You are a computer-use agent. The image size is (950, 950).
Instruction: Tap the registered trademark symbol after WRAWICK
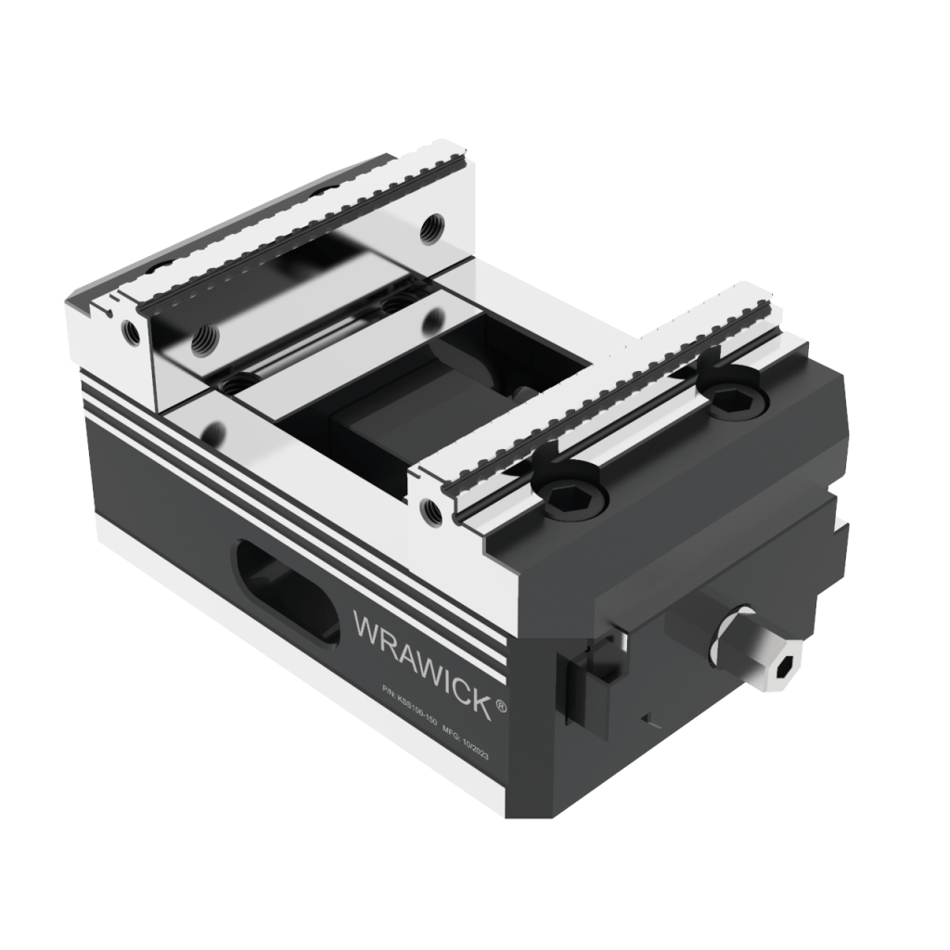tap(502, 707)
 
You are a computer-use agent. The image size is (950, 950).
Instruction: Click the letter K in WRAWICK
tap(481, 702)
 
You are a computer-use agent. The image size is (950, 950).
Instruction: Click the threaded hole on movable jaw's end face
tap(428, 507)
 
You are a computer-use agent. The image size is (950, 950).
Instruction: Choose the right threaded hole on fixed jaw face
tap(430, 225)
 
